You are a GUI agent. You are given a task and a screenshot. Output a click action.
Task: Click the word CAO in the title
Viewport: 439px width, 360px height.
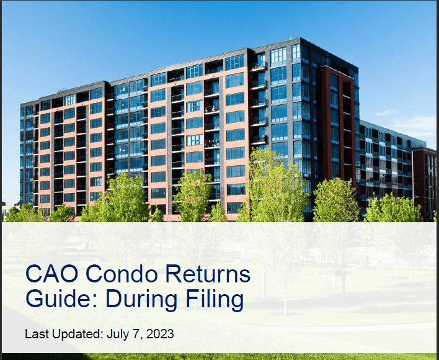52,274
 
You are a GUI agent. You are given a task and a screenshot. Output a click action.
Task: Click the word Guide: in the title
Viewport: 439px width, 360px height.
61,299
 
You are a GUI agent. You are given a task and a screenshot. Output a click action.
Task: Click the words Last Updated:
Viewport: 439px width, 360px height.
64,334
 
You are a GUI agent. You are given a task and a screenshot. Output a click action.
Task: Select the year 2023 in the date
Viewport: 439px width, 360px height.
159,334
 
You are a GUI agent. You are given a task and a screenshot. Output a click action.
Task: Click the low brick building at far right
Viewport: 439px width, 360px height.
424,182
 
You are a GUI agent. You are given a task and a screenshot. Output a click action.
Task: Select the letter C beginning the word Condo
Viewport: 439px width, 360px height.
94,274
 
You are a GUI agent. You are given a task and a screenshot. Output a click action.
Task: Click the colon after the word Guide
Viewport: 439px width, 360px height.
95,302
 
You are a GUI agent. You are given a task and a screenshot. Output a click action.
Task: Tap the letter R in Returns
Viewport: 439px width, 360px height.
174,274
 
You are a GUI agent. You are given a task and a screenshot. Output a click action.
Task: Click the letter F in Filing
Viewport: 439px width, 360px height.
192,299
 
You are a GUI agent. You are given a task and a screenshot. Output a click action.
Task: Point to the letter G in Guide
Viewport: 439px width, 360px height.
35,299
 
